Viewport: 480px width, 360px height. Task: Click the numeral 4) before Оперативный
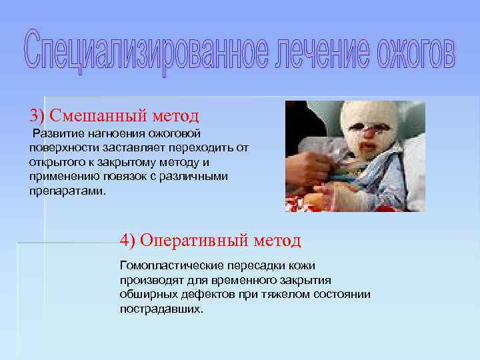[129, 239]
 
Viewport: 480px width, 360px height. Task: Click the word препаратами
[66, 191]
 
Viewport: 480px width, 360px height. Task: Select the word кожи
[302, 265]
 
